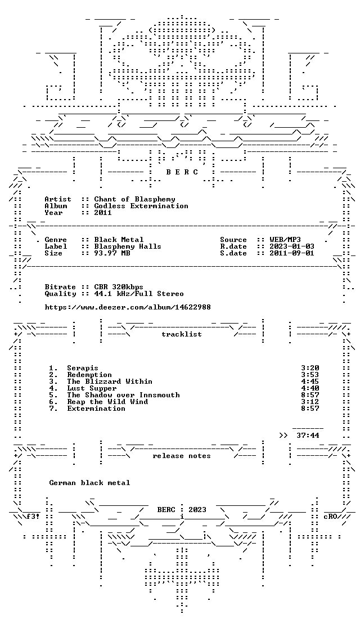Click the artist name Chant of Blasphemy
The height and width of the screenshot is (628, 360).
pos(134,199)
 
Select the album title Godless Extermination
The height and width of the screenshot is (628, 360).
pos(141,206)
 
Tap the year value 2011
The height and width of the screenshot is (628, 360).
pos(103,213)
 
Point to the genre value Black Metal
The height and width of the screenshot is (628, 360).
pos(119,240)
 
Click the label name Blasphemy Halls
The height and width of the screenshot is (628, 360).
pos(127,246)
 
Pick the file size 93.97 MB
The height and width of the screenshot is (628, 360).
pos(112,253)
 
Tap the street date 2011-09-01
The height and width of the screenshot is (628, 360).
pos(292,253)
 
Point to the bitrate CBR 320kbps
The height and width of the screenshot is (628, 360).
pos(119,287)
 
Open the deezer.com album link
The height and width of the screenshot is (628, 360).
pos(128,307)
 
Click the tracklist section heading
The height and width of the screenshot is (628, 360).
pos(181,334)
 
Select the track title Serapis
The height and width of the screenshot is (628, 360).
pos(83,368)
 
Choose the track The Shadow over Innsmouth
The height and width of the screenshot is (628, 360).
pos(123,395)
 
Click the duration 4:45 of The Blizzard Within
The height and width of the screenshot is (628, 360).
pos(309,382)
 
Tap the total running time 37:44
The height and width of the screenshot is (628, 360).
pos(308,436)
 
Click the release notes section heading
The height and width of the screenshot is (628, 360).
pos(181,456)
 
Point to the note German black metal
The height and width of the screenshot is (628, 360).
pos(89,483)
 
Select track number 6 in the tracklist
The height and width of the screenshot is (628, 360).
pos(53,402)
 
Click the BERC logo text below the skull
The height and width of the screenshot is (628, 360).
pos(182,172)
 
